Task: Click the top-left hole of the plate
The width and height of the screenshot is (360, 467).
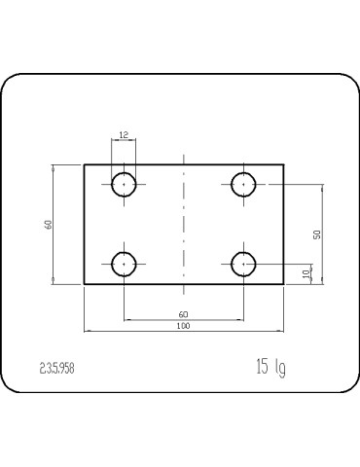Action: [125, 183]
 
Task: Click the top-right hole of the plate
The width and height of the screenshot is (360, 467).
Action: [243, 183]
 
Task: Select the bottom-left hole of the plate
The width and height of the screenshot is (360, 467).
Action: [125, 263]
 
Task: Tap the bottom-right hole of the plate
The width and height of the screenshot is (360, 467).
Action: [243, 263]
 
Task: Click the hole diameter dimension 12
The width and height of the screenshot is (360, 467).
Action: [124, 134]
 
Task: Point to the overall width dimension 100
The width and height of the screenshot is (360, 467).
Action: [184, 326]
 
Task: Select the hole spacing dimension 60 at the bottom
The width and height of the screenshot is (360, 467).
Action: [184, 313]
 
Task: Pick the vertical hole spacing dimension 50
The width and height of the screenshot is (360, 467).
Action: [317, 234]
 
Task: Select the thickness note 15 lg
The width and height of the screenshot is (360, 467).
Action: [270, 367]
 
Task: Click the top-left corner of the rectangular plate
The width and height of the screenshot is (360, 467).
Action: [85, 164]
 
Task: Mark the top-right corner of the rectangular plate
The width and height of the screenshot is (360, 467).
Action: [283, 164]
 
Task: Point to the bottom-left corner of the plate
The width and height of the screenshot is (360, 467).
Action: [85, 284]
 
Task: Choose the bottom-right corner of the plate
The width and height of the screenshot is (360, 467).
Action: [283, 284]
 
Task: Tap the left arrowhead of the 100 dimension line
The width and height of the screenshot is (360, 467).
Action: [87, 332]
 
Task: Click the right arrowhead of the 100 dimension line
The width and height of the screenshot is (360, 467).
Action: [281, 332]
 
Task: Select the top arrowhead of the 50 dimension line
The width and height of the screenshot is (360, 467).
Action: [323, 185]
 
